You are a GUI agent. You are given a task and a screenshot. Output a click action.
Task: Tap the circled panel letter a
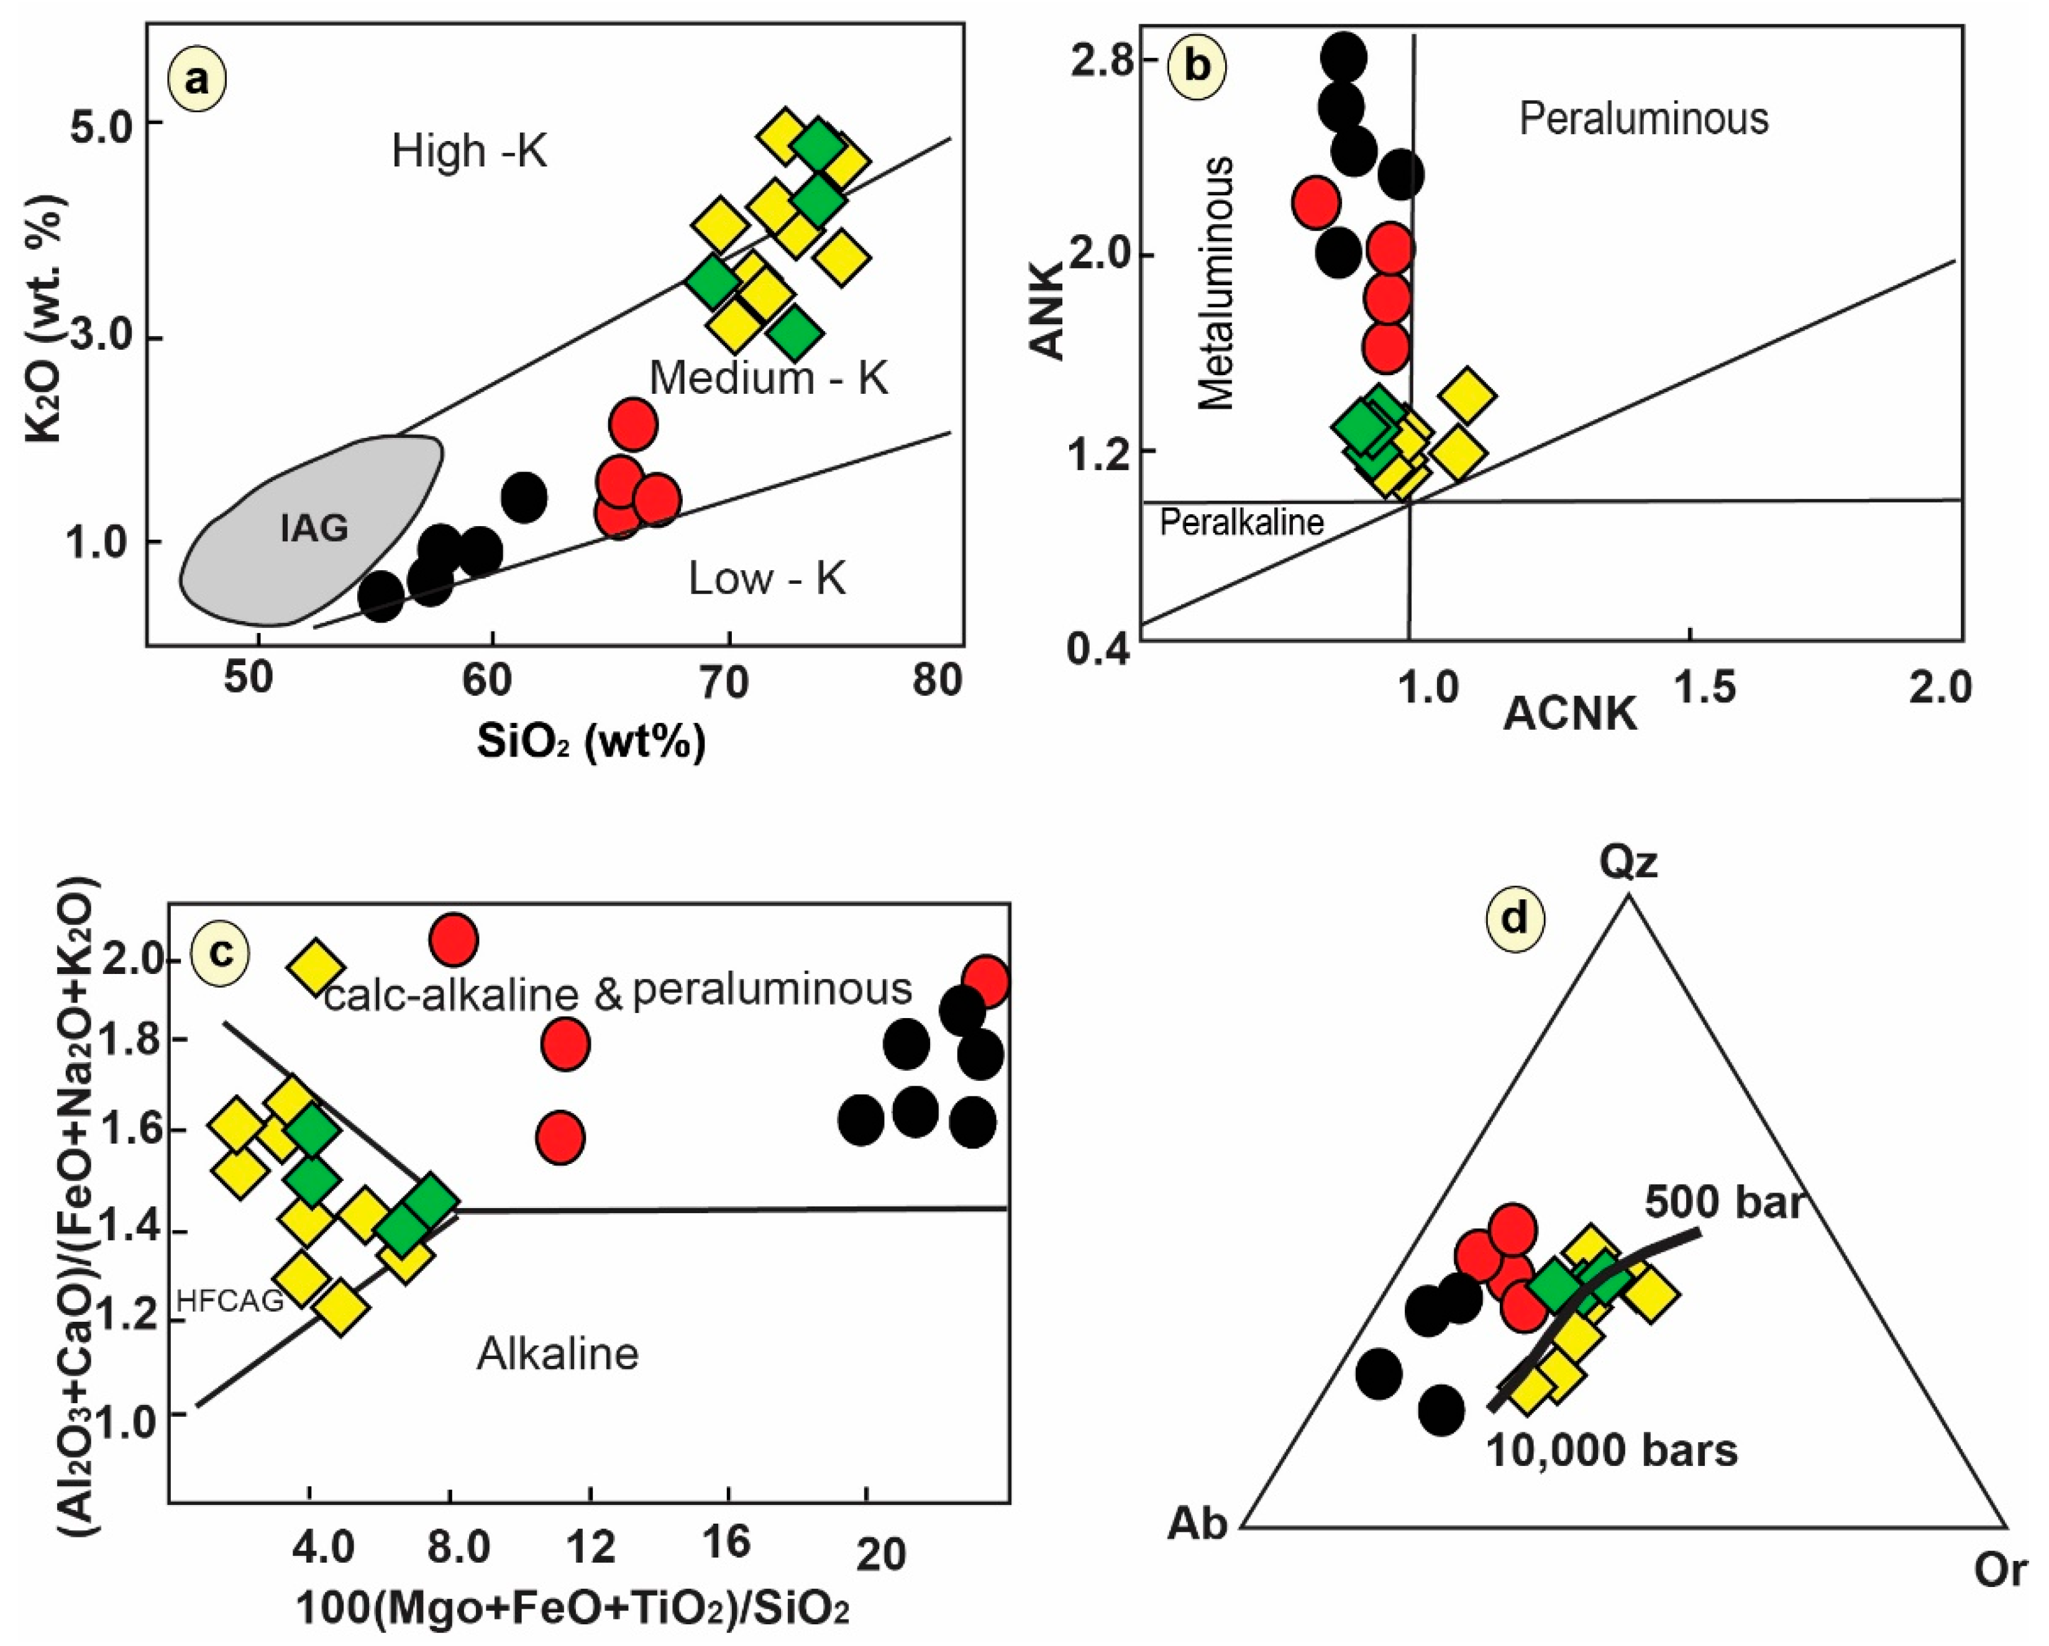pos(197,81)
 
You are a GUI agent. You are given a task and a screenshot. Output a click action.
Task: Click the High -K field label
pos(470,152)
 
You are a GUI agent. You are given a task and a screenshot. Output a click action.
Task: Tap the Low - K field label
pos(766,579)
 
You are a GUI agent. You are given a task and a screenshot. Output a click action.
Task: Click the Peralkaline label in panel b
pos(1241,523)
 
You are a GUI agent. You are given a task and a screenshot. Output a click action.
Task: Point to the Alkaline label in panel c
pos(558,1354)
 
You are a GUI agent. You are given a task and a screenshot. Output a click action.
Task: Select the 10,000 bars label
pos(1612,1450)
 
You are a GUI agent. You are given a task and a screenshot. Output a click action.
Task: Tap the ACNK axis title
pos(1570,714)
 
